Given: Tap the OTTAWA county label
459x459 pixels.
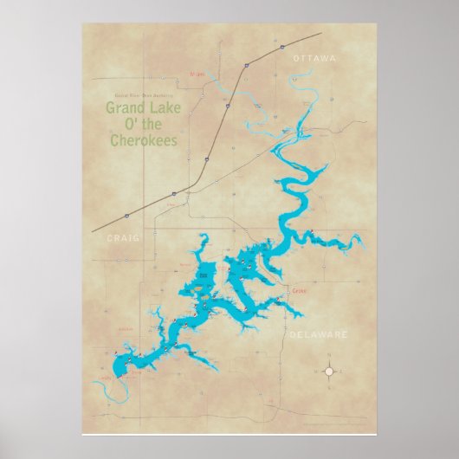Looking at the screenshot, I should pos(314,58).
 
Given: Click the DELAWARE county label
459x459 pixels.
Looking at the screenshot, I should pos(319,333).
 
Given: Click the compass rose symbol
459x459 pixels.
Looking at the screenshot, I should pos(328,372).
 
